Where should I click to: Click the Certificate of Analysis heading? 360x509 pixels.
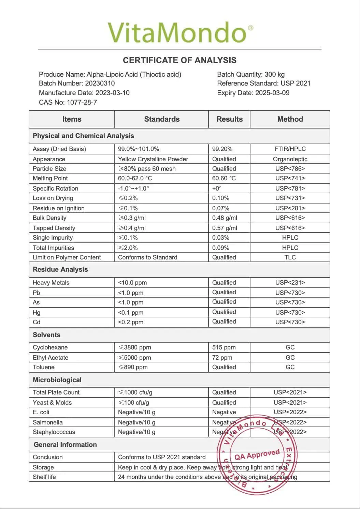pyautogui.click(x=179, y=60)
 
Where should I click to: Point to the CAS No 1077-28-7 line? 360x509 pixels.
pyautogui.click(x=68, y=102)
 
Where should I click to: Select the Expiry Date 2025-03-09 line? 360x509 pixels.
pyautogui.click(x=253, y=93)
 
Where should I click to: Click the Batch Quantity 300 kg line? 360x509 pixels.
pyautogui.click(x=251, y=74)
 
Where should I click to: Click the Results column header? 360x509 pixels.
pyautogui.click(x=229, y=119)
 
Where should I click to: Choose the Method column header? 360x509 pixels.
pyautogui.click(x=290, y=119)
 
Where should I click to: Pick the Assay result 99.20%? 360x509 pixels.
pyautogui.click(x=222, y=149)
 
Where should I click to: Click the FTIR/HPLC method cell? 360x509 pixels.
pyautogui.click(x=290, y=149)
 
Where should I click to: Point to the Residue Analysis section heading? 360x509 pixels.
pyautogui.click(x=60, y=269)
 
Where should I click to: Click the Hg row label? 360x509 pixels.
pyautogui.click(x=37, y=313)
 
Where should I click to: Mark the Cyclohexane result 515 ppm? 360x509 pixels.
pyautogui.click(x=224, y=347)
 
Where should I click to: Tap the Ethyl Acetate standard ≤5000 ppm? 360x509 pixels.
pyautogui.click(x=134, y=358)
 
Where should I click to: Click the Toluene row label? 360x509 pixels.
pyautogui.click(x=44, y=367)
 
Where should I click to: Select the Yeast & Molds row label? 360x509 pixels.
pyautogui.click(x=52, y=403)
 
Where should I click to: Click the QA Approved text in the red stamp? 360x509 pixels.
pyautogui.click(x=257, y=455)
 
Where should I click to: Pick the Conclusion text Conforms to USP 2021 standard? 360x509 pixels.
pyautogui.click(x=162, y=457)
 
